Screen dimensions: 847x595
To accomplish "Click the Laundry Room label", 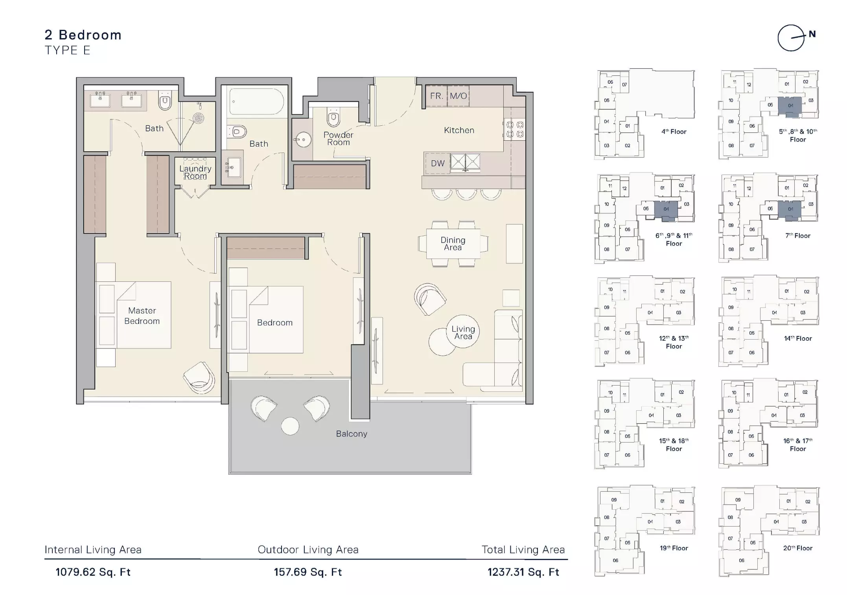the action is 195,172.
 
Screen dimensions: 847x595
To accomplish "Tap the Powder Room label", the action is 338,138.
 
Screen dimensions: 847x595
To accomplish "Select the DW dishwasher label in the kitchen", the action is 438,163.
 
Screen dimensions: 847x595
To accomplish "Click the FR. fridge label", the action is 436,96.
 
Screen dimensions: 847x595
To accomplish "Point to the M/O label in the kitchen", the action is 458,96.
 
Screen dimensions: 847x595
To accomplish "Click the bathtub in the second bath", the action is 257,101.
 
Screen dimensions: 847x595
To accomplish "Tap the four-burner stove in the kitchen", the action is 515,129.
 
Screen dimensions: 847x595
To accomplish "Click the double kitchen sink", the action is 465,162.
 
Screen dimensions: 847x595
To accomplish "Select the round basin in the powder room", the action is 303,139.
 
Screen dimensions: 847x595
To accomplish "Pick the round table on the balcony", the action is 290,426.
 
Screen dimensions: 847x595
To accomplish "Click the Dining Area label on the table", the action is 453,244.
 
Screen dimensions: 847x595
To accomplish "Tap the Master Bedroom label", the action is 142,316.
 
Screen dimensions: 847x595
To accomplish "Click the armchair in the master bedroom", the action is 199,378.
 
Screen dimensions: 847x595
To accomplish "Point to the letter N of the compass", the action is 812,34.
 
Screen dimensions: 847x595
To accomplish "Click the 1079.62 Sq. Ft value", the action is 93,572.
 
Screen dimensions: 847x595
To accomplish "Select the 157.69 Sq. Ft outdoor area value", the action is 308,572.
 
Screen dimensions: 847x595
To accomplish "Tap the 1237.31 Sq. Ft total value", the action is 523,572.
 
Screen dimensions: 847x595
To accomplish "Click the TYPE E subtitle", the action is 68,50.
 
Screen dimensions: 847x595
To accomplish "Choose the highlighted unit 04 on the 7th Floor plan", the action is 790,209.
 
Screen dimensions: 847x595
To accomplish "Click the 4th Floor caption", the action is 674,132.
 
